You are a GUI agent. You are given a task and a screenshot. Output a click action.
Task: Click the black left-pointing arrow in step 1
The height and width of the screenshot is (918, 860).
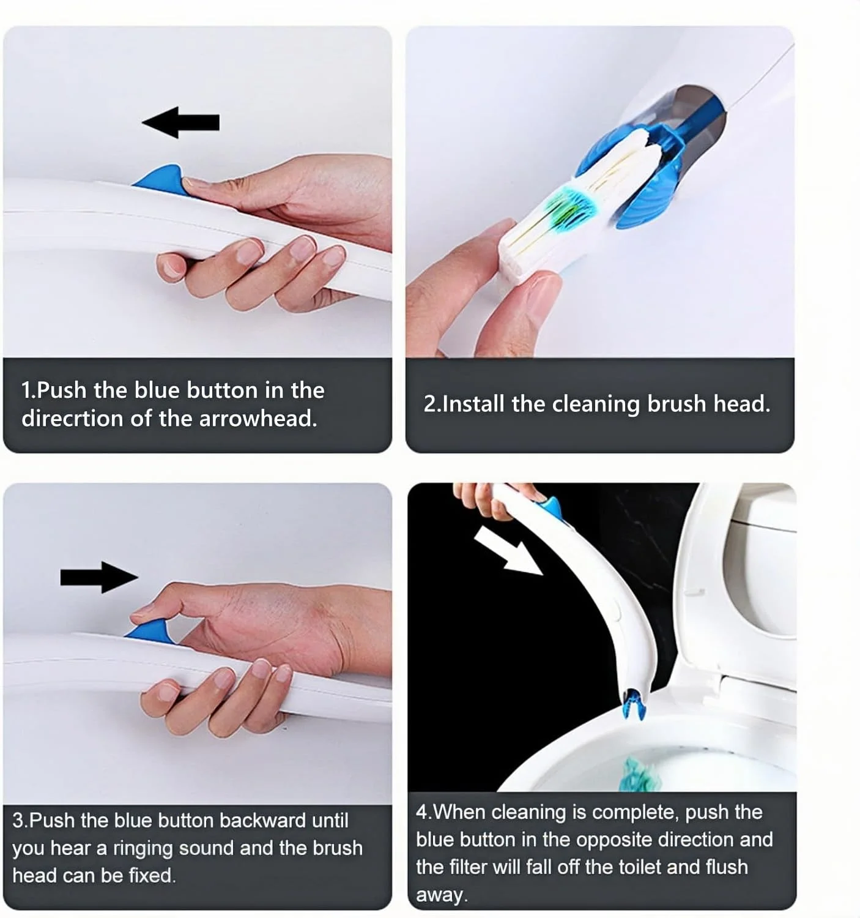[x=180, y=122]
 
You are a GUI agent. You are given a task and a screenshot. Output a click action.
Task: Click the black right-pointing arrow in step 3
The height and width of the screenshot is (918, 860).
[x=99, y=577]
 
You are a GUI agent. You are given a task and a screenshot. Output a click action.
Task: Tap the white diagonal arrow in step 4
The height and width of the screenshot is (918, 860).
[x=508, y=551]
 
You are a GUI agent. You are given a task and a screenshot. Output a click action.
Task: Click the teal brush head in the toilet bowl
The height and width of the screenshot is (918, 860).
[x=642, y=774]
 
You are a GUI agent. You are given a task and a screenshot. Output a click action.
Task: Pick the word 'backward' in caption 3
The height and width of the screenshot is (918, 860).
[x=263, y=821]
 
